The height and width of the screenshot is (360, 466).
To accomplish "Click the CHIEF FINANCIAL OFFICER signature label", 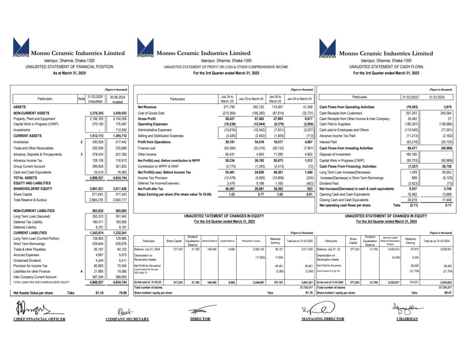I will coord(40,319).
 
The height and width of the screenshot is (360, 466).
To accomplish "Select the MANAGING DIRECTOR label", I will coord(323,319).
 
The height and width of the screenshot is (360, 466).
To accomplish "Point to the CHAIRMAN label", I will coord(407,319).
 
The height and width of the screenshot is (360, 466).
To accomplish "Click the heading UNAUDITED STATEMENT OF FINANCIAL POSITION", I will coord(69,67).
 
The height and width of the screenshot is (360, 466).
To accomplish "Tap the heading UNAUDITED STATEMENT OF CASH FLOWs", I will coord(386,67).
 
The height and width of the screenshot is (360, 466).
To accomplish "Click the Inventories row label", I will coord(23,142).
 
